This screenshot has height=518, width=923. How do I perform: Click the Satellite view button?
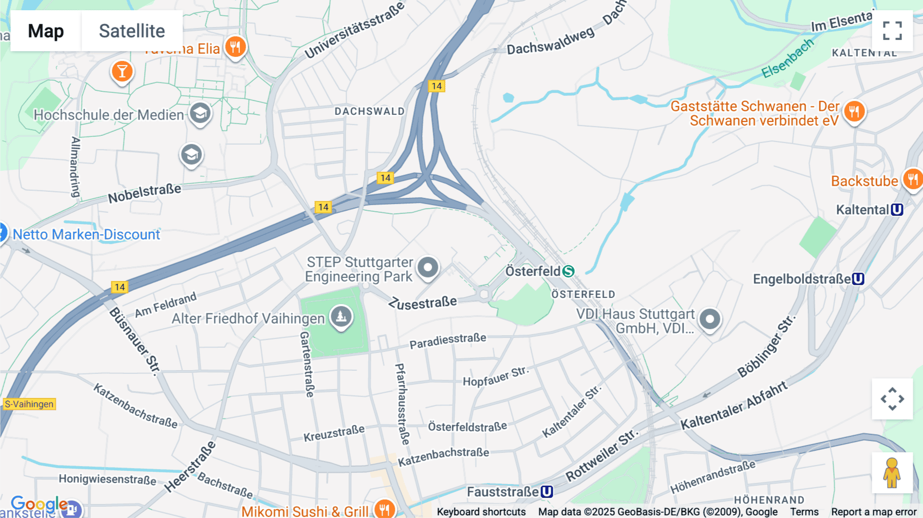132,31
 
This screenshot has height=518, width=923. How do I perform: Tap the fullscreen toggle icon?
892,31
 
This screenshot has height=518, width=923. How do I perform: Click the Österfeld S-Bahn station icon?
568,271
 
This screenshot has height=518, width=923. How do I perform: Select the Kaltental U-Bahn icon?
897,210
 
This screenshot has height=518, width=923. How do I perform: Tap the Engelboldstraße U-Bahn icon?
858,279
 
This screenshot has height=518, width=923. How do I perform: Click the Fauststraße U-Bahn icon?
547,492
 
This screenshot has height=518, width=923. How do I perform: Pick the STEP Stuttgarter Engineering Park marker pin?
428,267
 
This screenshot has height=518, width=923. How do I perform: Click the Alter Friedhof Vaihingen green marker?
341,316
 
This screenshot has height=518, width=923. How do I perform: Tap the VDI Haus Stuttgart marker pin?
710,320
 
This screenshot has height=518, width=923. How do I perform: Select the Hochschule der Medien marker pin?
200,113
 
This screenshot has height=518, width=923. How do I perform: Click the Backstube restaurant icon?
913,180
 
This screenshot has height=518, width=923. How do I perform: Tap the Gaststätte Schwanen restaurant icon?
854,111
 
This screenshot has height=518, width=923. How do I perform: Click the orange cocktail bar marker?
122,71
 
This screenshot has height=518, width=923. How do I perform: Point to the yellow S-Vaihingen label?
29,404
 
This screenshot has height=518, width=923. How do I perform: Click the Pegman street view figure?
892,473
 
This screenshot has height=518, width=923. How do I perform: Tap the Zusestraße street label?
423,303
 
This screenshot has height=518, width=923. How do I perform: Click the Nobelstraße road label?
144,193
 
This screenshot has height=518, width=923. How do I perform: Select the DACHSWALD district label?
369,111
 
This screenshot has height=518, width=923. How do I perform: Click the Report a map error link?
874,512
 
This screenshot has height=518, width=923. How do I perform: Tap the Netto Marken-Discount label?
86,234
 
